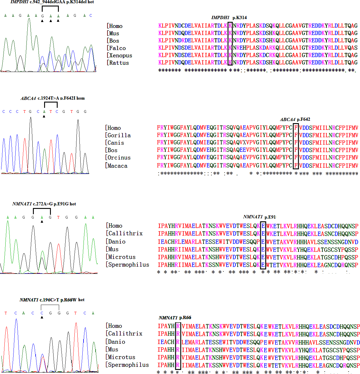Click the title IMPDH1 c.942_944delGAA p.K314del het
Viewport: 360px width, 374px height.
click(52, 2)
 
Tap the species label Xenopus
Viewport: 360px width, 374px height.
click(120, 56)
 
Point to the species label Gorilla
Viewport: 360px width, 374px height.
click(119, 135)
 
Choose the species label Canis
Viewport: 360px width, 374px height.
click(116, 143)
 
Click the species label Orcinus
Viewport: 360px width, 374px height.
click(119, 157)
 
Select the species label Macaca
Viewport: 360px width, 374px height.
click(117, 166)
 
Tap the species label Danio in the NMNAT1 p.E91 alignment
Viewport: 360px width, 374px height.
click(117, 241)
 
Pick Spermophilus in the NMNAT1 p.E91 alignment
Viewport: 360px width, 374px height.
click(129, 265)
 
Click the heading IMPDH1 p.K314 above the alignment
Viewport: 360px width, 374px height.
click(229, 18)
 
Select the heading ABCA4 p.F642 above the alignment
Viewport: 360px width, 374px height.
click(295, 119)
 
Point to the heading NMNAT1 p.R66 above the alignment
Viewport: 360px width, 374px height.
click(175, 318)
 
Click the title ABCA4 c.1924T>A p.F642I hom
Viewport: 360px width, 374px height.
click(53, 98)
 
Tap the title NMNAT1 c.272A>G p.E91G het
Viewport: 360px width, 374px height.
click(44, 204)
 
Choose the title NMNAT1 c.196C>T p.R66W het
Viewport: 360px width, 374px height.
click(52, 300)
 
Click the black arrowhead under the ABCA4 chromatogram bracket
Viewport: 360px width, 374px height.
click(44, 117)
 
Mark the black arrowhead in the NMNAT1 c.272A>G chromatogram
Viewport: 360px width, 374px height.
click(42, 222)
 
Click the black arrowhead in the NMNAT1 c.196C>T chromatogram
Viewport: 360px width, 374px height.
click(42, 317)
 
